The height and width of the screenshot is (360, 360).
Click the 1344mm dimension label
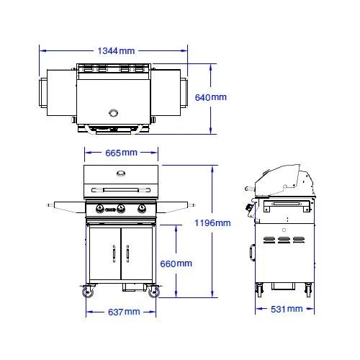pos(116,51)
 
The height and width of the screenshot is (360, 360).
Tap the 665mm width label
pos(121,153)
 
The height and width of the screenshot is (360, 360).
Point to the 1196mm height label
pos(212,223)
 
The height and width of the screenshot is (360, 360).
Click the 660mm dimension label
pos(176,264)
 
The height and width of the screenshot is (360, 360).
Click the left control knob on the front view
pos(100,210)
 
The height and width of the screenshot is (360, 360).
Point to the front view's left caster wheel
pos(89,292)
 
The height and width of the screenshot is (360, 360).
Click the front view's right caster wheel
pos(153,292)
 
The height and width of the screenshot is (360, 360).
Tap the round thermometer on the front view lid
pos(121,173)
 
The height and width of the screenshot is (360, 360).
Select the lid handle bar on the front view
pos(121,189)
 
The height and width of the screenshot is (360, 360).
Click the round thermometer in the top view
pos(114,112)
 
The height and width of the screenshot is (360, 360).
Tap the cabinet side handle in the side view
pos(252,253)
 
